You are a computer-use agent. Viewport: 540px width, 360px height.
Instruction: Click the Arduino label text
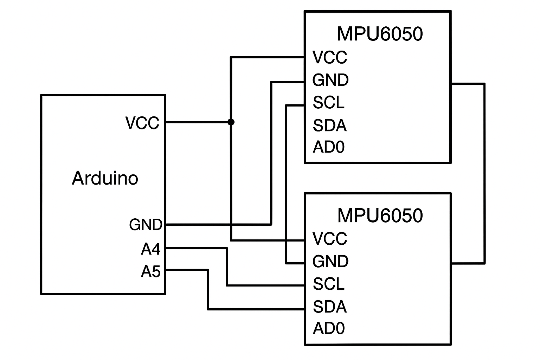(x=105, y=178)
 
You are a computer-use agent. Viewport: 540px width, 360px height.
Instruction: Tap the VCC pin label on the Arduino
(x=142, y=123)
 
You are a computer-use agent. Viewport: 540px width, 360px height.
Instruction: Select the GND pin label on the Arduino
(x=146, y=225)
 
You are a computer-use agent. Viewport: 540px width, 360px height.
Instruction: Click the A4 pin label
(x=150, y=249)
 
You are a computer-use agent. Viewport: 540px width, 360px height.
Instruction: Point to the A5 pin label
(x=150, y=271)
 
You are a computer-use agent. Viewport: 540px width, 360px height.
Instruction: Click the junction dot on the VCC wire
(x=231, y=122)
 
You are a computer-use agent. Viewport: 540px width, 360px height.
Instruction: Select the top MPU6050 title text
(x=380, y=34)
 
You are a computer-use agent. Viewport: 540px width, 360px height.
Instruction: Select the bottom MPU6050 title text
(x=380, y=216)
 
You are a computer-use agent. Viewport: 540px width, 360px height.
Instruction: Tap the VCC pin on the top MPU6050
(x=330, y=57)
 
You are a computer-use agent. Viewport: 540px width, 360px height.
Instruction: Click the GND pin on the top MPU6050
(x=330, y=80)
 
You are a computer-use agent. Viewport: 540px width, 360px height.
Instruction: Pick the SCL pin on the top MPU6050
(x=328, y=103)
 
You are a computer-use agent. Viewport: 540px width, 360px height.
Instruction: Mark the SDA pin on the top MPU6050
(x=330, y=126)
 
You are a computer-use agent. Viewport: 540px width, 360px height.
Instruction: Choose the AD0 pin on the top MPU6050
(x=329, y=147)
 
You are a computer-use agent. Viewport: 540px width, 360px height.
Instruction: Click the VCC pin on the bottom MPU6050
(x=330, y=239)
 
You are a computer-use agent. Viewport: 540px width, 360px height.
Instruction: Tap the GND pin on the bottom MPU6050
(x=330, y=262)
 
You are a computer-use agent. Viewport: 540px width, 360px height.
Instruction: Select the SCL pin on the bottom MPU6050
(x=328, y=284)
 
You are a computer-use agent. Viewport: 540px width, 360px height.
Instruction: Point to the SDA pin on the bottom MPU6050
(x=330, y=307)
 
